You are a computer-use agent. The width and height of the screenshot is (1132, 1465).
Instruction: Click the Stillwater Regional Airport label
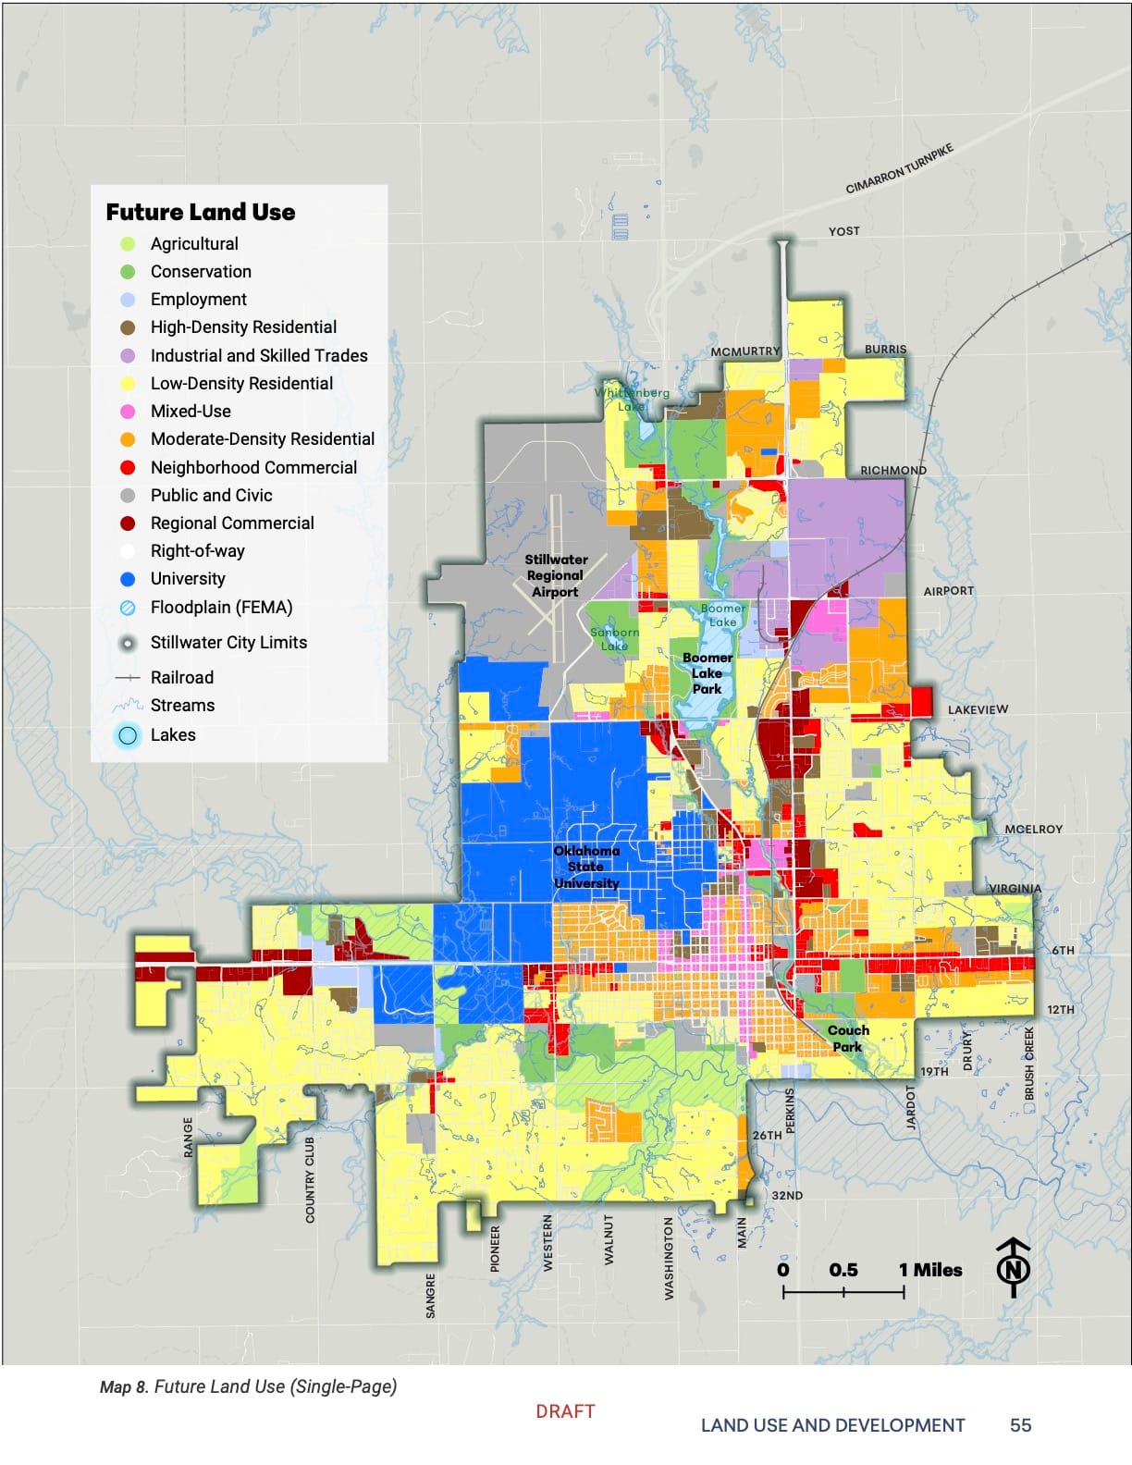click(x=556, y=575)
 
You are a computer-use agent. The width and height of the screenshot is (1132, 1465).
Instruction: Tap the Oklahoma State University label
click(x=586, y=867)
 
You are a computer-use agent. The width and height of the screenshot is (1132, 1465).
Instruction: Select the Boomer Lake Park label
click(x=707, y=673)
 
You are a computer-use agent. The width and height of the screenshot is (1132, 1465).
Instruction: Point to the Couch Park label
click(x=847, y=1039)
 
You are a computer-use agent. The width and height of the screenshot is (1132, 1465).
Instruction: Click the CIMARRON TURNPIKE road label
click(x=899, y=168)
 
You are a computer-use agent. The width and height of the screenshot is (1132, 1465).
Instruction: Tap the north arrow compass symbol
click(x=1014, y=1267)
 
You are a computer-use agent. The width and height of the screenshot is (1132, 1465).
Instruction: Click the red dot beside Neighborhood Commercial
click(x=128, y=467)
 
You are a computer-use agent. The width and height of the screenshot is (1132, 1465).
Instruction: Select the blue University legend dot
click(x=128, y=579)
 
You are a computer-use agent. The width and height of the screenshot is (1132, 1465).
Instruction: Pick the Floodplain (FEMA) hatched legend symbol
click(x=128, y=608)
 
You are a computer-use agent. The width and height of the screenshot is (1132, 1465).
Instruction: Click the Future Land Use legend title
click(x=201, y=212)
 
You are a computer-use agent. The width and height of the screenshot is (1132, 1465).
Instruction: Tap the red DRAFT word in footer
click(x=565, y=1411)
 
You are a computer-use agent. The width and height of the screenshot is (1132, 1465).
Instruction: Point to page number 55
click(x=1020, y=1425)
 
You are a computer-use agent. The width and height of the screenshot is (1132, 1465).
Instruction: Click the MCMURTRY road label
click(x=745, y=351)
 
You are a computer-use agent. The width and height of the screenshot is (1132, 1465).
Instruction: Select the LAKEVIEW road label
click(x=978, y=709)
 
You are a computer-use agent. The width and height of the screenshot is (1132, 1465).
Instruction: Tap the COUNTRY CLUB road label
click(x=310, y=1179)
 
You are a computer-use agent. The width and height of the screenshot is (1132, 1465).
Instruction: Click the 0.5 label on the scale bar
click(x=843, y=1270)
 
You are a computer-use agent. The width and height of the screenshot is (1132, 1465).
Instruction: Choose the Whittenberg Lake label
click(x=632, y=399)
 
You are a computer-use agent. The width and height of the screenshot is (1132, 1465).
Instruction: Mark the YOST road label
click(x=843, y=231)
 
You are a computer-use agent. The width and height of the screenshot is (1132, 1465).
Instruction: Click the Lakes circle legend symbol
click(x=128, y=735)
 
